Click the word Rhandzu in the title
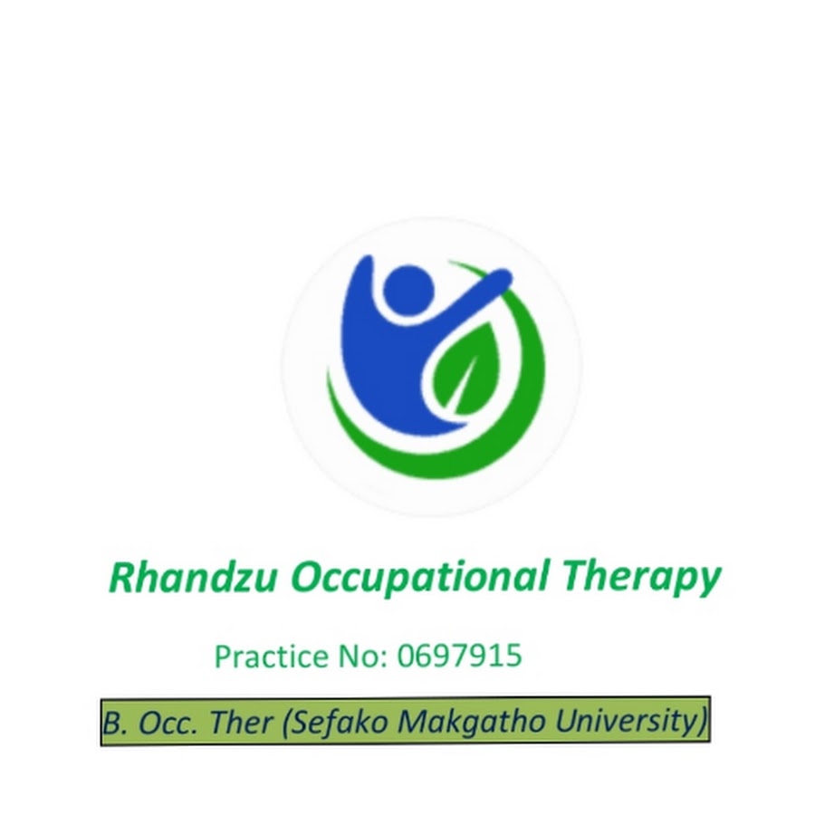tap(192, 577)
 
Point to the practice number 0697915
tap(459, 656)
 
